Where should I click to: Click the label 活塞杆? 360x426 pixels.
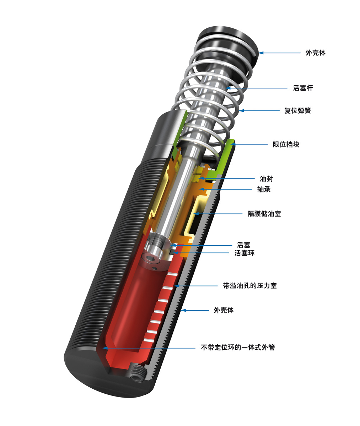(x=303, y=88)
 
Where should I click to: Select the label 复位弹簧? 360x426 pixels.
(x=297, y=111)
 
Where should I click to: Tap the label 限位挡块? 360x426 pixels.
(x=286, y=144)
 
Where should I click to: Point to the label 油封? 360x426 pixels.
(x=266, y=179)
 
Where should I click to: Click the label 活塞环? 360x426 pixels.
(x=244, y=253)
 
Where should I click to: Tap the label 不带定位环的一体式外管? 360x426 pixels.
(x=237, y=348)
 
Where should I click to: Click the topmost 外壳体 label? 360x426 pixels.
(x=315, y=53)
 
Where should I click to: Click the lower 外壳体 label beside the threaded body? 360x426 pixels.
(x=224, y=310)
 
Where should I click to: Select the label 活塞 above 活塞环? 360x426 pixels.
(x=243, y=245)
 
